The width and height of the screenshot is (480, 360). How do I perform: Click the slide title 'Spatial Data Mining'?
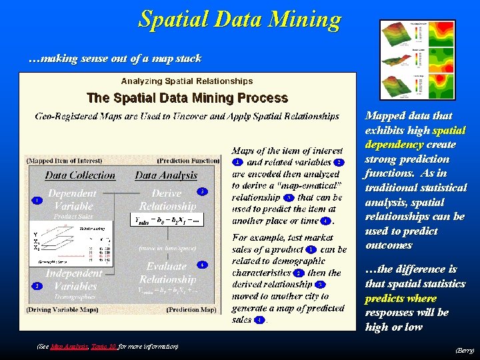coord(239,19)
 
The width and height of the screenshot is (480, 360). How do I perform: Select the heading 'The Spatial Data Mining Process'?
coord(187,98)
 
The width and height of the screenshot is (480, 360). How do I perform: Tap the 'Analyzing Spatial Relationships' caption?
coord(187,81)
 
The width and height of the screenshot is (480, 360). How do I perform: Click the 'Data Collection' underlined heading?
coord(80,175)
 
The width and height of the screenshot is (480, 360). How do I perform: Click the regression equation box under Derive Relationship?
coord(167,220)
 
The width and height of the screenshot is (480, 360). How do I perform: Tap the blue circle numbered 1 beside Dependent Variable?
coord(37,200)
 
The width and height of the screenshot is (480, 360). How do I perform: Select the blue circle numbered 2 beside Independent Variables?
coord(37,286)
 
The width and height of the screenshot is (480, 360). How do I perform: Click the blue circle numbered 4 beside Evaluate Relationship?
coord(202,265)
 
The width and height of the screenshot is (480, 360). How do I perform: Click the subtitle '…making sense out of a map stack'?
coord(115,59)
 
